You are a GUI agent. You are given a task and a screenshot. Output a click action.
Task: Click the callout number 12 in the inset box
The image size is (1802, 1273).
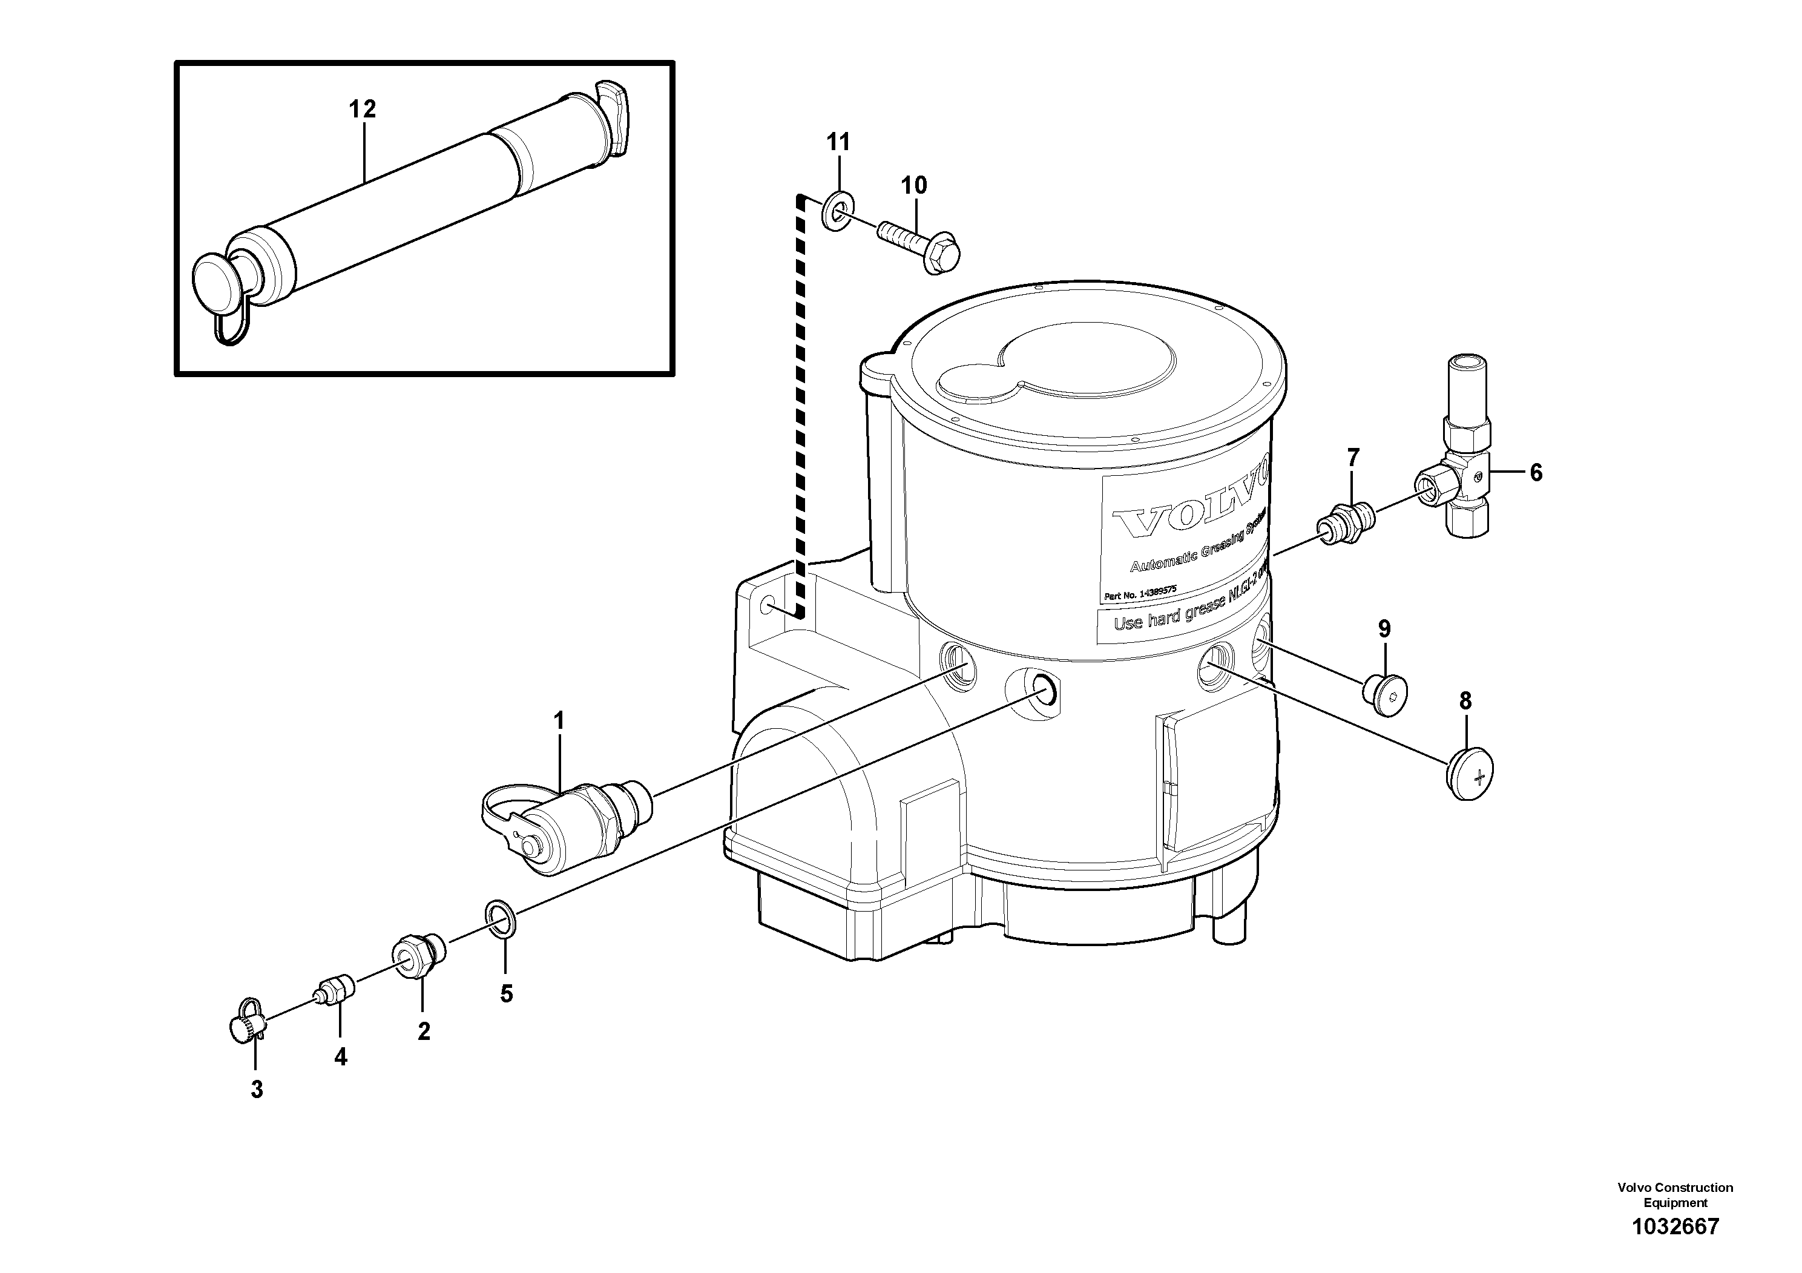363,109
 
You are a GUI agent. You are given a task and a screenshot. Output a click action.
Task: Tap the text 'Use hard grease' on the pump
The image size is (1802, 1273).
1162,620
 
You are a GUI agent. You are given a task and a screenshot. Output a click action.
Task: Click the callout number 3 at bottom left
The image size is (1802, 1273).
257,1090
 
